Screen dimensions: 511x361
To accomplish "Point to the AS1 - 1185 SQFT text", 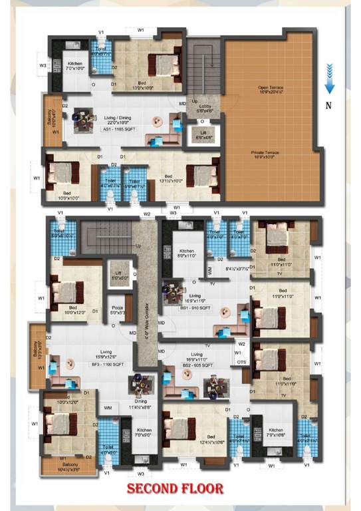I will [119, 129].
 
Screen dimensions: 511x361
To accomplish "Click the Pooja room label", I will [118, 310].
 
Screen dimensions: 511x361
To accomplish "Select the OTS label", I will [241, 362].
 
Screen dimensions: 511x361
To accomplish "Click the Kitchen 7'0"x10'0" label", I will [77, 65].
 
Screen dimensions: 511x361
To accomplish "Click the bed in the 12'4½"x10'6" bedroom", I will [176, 426].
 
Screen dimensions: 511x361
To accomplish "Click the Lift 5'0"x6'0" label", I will [118, 275].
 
